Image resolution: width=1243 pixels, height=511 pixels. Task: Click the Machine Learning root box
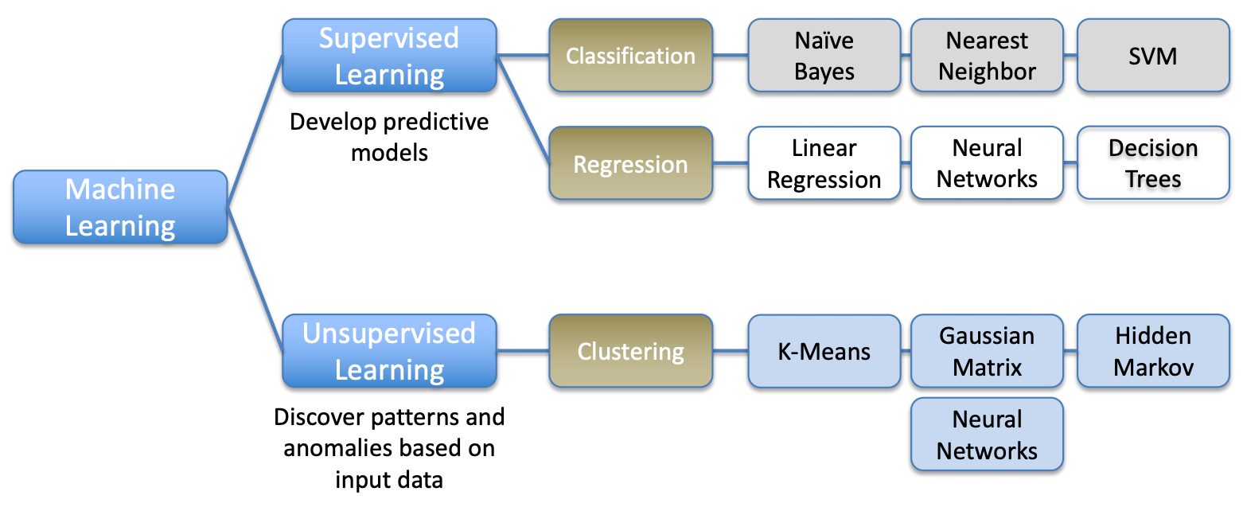tap(120, 207)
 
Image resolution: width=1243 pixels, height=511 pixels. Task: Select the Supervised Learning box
tap(390, 56)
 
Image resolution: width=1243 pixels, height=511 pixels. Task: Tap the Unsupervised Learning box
tap(390, 351)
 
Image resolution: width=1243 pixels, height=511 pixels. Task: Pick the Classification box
tap(631, 56)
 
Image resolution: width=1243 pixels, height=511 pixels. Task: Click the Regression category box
tap(631, 163)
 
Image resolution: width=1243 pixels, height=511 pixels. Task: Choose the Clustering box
tap(631, 351)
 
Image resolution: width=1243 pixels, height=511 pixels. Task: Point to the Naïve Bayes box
tap(824, 56)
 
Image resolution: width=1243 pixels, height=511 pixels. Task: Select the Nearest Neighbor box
tap(988, 56)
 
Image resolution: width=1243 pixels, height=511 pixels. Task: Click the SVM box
tap(1154, 56)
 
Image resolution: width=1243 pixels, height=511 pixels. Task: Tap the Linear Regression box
tap(824, 163)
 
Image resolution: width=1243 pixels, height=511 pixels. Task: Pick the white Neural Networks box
tap(988, 163)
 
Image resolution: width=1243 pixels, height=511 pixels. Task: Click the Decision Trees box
tap(1154, 163)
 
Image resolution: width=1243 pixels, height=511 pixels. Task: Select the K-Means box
tap(824, 351)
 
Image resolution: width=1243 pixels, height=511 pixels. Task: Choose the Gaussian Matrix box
tap(988, 351)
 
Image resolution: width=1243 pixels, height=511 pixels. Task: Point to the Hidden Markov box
tap(1154, 351)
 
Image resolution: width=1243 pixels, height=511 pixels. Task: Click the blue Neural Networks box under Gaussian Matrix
tap(988, 435)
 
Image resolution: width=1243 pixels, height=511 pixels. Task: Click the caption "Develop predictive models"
tap(390, 137)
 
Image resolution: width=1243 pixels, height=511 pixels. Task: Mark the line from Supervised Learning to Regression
tap(524, 109)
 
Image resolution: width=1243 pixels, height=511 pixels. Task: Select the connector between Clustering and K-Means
tap(731, 351)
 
